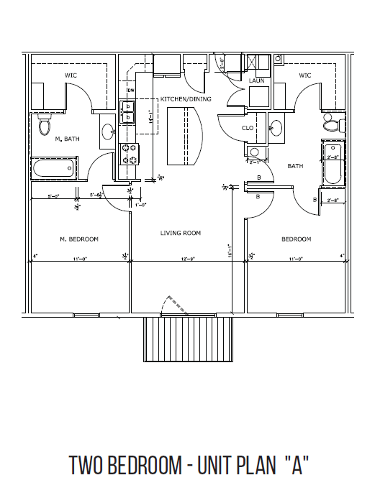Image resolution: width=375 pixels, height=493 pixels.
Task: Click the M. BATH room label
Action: (68, 139)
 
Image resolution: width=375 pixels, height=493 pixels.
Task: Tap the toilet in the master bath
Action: (45, 128)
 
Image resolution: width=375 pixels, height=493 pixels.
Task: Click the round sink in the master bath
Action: (107, 132)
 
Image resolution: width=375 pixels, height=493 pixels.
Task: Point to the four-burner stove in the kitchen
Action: (130, 154)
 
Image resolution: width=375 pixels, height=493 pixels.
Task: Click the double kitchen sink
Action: (130, 113)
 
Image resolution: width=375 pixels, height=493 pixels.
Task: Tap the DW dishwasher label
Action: (131, 90)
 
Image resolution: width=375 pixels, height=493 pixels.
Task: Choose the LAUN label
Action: (256, 81)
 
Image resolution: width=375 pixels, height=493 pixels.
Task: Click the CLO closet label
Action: (248, 128)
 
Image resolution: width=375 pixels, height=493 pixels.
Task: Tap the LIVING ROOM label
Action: (180, 233)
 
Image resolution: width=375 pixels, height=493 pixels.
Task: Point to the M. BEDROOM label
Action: (78, 239)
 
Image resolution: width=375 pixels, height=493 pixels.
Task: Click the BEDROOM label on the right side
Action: (296, 239)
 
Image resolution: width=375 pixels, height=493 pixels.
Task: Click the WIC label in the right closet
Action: (304, 75)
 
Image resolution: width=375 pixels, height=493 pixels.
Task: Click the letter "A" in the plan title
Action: (292, 465)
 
